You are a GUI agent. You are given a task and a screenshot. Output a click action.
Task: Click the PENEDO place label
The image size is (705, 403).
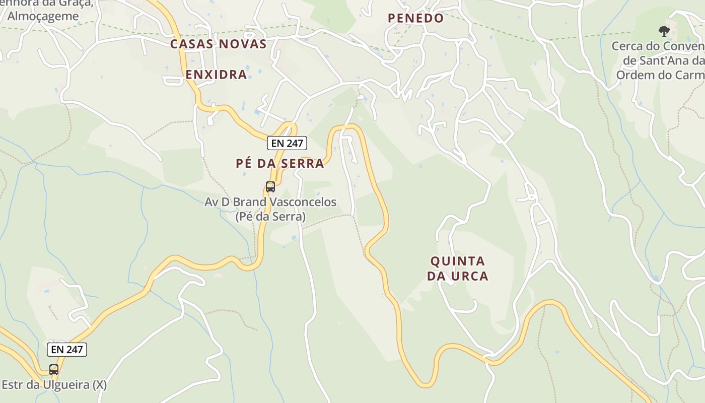415,18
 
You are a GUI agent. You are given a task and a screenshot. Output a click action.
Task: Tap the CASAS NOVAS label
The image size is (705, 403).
218,44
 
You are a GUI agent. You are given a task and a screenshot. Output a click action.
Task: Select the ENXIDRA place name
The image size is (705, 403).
216,75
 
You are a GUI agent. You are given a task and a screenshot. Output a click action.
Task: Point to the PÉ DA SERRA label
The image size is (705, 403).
280,163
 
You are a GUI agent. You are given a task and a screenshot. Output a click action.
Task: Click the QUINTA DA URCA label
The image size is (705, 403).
458,268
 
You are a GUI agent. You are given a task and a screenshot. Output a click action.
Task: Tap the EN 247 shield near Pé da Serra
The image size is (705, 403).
287,143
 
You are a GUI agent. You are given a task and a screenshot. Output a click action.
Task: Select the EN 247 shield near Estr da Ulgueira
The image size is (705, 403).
67,349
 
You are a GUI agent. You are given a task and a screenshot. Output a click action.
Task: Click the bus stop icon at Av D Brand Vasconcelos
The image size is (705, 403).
270,187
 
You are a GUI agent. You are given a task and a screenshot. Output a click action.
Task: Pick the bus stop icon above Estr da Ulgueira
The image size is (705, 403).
54,369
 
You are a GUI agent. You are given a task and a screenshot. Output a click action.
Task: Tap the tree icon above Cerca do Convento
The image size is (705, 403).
664,31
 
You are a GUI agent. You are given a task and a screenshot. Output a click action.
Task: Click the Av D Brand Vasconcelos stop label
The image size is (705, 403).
270,209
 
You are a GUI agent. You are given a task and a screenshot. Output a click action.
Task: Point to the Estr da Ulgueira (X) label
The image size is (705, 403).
54,385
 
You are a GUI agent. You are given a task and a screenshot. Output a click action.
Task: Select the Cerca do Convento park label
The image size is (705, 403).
658,60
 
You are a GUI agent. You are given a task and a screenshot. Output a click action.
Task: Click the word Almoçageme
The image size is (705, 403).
43,16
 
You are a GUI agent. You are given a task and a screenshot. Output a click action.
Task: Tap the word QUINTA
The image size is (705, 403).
458,261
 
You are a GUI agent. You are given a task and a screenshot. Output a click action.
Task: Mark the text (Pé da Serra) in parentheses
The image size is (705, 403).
270,217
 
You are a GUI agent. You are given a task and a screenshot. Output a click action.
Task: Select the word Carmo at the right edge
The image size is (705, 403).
692,75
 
